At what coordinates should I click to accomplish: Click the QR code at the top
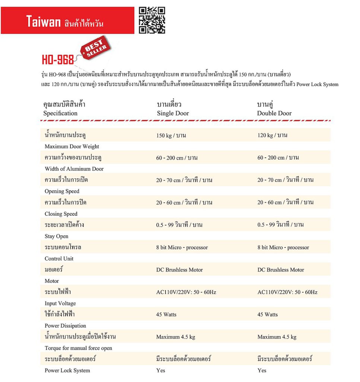click(152, 20)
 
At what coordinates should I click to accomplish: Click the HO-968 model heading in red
click(58, 60)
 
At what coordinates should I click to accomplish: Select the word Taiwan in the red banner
click(43, 22)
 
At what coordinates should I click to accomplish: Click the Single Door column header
click(173, 113)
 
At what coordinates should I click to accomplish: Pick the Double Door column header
click(274, 113)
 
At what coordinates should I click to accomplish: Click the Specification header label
click(60, 113)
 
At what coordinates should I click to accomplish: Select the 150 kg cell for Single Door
click(171, 135)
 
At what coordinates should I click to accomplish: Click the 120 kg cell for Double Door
click(272, 135)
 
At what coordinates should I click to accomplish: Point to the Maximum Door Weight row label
click(72, 147)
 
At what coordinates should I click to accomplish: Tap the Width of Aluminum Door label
click(74, 169)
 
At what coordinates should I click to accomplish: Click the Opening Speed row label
click(62, 191)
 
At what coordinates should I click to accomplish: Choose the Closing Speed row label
click(61, 214)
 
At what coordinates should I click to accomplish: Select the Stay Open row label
click(57, 236)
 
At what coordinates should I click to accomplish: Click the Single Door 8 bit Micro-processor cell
click(182, 247)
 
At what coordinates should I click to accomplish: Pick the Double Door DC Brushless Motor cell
click(281, 270)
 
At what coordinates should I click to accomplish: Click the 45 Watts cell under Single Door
click(166, 314)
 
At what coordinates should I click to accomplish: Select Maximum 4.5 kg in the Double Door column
click(277, 337)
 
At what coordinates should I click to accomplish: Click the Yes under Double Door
click(262, 370)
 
